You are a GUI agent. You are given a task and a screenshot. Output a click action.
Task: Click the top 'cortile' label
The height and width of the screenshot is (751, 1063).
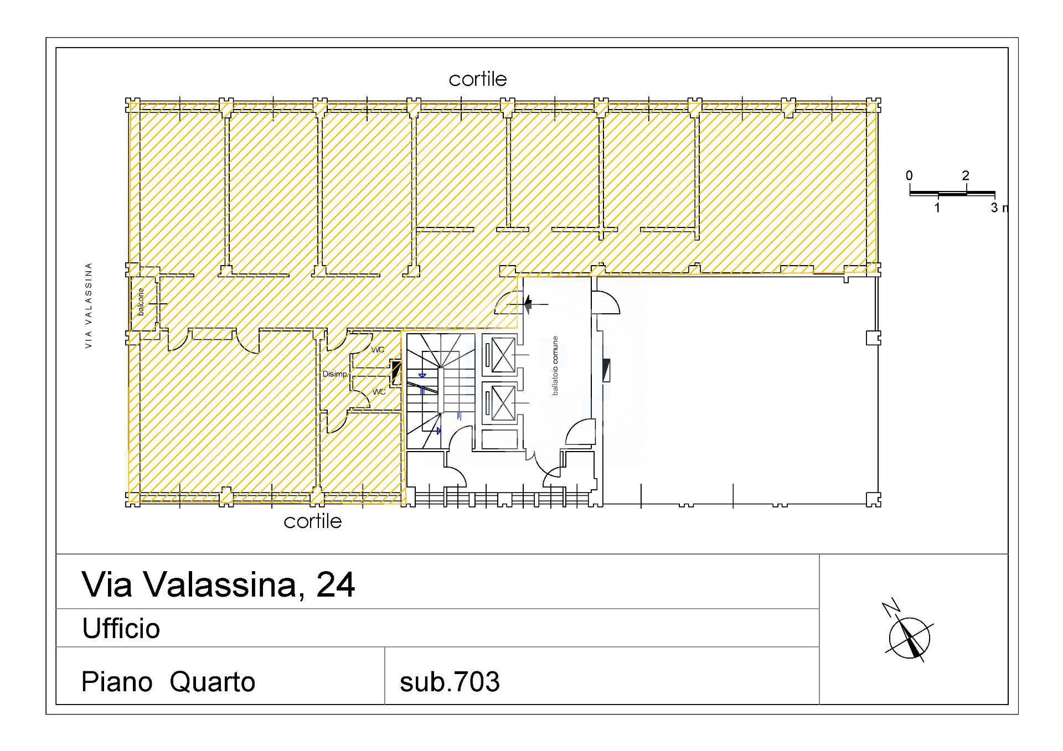[478, 79]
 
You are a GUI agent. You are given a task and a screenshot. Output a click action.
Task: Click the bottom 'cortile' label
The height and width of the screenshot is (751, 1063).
[313, 521]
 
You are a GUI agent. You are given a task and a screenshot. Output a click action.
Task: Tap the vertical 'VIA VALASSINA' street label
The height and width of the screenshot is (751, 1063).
[89, 305]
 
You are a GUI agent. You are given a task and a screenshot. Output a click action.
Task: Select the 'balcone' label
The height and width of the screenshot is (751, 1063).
[141, 302]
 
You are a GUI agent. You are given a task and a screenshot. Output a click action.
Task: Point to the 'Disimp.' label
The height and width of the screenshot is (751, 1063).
[335, 374]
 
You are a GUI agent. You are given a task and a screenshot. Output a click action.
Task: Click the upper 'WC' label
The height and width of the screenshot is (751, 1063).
[378, 350]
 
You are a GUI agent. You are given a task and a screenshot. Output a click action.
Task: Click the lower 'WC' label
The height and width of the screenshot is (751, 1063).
[379, 392]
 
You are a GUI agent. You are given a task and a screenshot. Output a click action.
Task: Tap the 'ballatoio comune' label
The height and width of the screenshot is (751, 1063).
[555, 365]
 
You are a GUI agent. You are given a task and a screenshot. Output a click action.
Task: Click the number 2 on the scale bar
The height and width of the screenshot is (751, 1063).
[966, 175]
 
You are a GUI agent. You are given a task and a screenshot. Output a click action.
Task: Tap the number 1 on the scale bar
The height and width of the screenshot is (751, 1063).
[937, 208]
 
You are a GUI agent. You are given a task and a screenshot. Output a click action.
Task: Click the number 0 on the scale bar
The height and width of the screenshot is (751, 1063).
[909, 175]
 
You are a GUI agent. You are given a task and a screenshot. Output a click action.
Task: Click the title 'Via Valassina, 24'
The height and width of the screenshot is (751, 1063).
[218, 584]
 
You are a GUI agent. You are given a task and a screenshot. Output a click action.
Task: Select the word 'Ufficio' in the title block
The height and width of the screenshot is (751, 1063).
[121, 628]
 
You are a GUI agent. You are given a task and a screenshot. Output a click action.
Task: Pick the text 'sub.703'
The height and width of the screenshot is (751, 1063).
[450, 682]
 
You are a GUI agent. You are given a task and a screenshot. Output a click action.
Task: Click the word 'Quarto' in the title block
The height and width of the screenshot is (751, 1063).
[213, 682]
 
